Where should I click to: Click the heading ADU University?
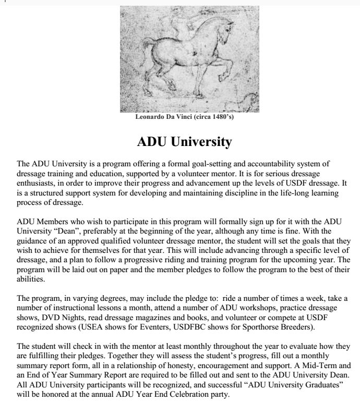pos(184,142)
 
